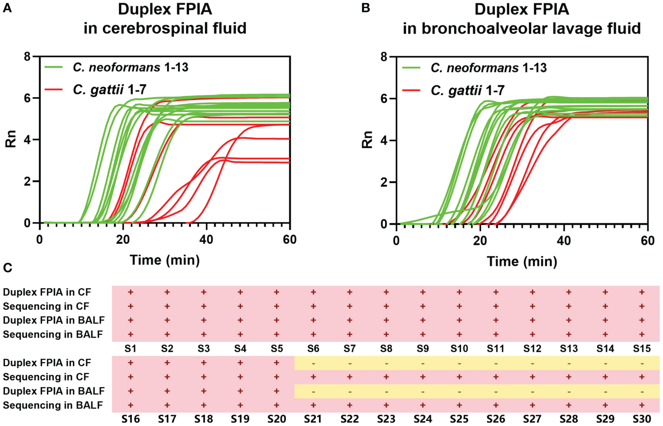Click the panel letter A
pos(7,8)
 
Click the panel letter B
pos(366,8)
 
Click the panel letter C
pos(7,268)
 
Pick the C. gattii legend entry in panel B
pos(467,91)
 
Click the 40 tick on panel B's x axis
pos(564,241)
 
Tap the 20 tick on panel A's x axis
pos(123,240)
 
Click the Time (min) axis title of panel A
pos(165,260)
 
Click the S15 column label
pos(642,349)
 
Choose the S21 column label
pos(313,419)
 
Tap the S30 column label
pos(642,419)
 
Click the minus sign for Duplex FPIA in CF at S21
pos(313,363)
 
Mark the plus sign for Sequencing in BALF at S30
pos(642,405)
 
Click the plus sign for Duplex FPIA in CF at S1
pos(130,292)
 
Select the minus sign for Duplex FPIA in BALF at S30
pos(642,391)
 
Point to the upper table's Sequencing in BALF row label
pos(53,335)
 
